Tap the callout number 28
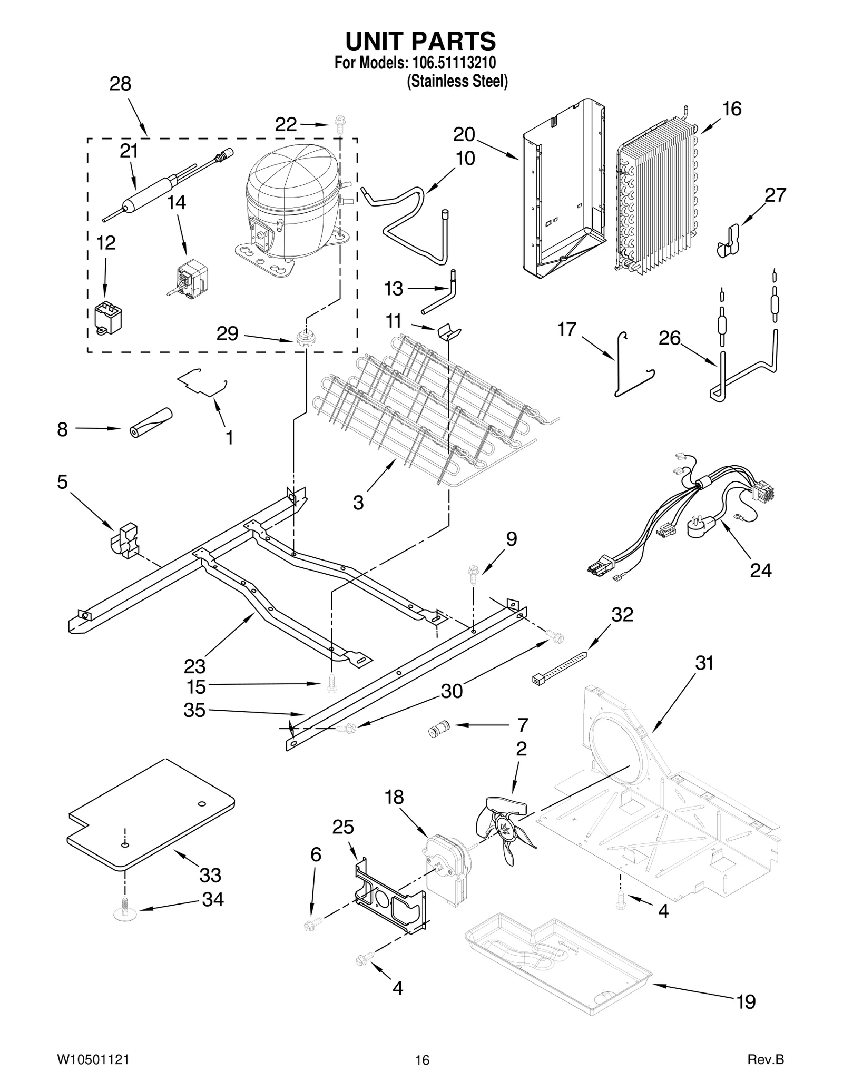[x=120, y=84]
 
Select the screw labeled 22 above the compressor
[x=339, y=123]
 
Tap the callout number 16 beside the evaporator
[x=731, y=109]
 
